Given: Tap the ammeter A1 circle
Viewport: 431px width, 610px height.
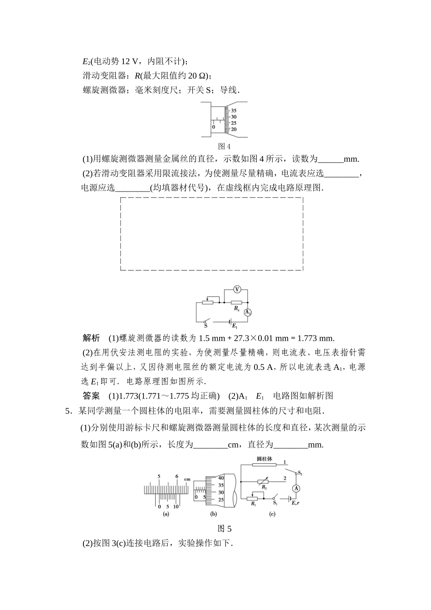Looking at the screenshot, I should (248, 312).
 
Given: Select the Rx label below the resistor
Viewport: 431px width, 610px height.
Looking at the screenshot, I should (236, 308).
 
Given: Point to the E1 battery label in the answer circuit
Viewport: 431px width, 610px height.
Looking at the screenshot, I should (235, 326).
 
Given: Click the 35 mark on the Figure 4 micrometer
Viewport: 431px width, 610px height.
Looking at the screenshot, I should (234, 111).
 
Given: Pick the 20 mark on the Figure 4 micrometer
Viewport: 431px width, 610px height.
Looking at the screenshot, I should (234, 129).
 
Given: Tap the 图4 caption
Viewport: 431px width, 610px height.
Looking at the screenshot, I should (225, 146).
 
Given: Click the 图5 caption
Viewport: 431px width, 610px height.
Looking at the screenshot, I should (225, 529).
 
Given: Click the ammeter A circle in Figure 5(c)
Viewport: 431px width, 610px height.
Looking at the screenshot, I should (296, 488).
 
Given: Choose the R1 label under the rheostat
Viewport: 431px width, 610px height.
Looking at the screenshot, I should (253, 504).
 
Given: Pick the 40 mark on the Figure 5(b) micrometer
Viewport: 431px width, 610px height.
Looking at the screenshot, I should (221, 478).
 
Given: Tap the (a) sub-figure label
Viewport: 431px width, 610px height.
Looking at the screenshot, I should (166, 514).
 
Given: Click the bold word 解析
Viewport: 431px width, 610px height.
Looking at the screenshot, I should (91, 338).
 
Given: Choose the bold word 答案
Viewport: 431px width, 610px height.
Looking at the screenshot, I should (91, 396).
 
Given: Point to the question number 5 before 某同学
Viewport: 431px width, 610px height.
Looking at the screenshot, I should (68, 411).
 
